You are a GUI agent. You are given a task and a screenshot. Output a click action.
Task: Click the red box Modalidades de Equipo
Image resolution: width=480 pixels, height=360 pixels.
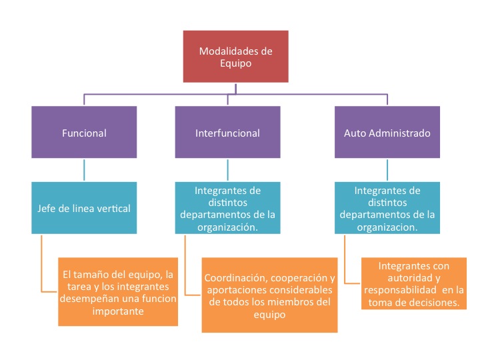[x=237, y=57]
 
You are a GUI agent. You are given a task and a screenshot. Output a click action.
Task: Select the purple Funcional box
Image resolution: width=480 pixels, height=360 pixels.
[x=84, y=133]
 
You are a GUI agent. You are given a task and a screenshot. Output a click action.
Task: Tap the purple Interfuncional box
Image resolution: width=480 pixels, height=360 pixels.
[x=227, y=133]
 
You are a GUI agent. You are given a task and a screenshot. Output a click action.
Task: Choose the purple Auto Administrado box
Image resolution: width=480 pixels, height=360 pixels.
[x=387, y=133]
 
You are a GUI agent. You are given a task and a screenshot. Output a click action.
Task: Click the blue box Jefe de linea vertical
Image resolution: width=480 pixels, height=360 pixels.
[x=84, y=208]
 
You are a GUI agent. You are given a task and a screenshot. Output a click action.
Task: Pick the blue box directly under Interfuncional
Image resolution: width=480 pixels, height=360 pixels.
[x=227, y=208]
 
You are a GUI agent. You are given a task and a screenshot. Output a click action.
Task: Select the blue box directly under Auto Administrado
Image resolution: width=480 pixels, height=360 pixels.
[x=387, y=208]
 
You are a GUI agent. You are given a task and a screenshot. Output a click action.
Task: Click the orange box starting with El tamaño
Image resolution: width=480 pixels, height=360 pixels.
[x=117, y=292]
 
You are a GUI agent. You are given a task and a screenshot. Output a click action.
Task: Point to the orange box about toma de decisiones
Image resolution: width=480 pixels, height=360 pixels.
[x=413, y=284]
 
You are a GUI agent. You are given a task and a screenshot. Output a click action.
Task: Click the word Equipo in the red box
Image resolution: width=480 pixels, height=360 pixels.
[x=236, y=64]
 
